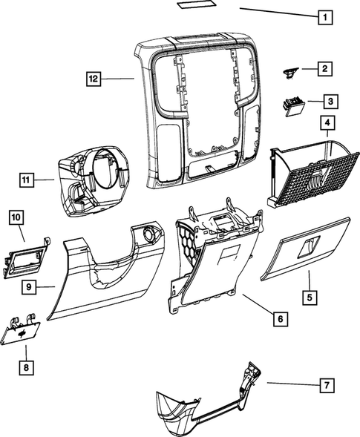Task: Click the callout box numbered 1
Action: (x=323, y=16)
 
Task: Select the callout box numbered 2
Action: (x=324, y=69)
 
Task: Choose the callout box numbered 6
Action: (x=278, y=319)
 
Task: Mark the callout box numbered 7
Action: (x=325, y=384)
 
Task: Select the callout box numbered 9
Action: (x=27, y=286)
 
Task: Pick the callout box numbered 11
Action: (x=27, y=179)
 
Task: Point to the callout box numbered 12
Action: (x=91, y=78)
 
